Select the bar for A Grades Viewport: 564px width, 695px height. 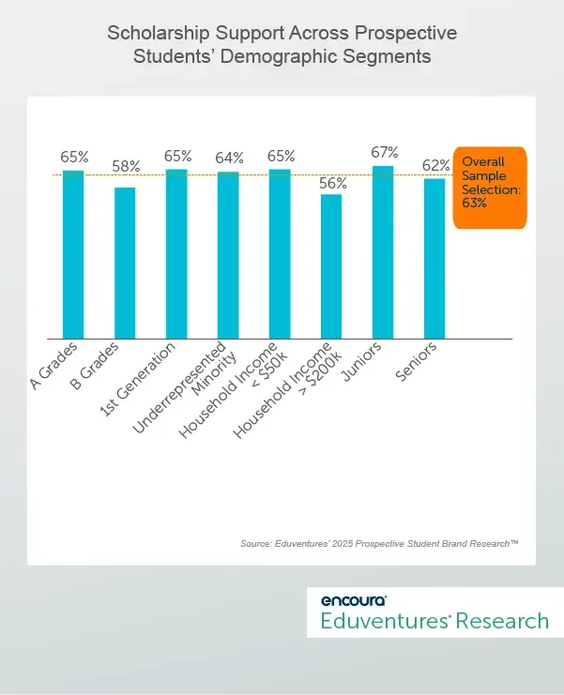[x=73, y=254]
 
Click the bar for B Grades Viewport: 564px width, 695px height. [x=125, y=263]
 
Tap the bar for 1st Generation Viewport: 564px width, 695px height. [x=176, y=254]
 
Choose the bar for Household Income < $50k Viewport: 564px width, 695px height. [x=280, y=254]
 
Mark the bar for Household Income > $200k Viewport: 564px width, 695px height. [x=331, y=266]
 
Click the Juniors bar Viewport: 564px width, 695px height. [x=383, y=252]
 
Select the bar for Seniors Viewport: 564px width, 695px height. [x=434, y=258]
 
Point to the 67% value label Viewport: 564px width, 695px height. [x=384, y=152]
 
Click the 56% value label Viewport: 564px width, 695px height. [x=332, y=183]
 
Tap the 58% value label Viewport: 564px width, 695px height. [x=125, y=166]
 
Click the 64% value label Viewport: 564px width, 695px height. [x=228, y=158]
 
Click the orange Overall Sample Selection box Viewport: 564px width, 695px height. [x=489, y=188]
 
